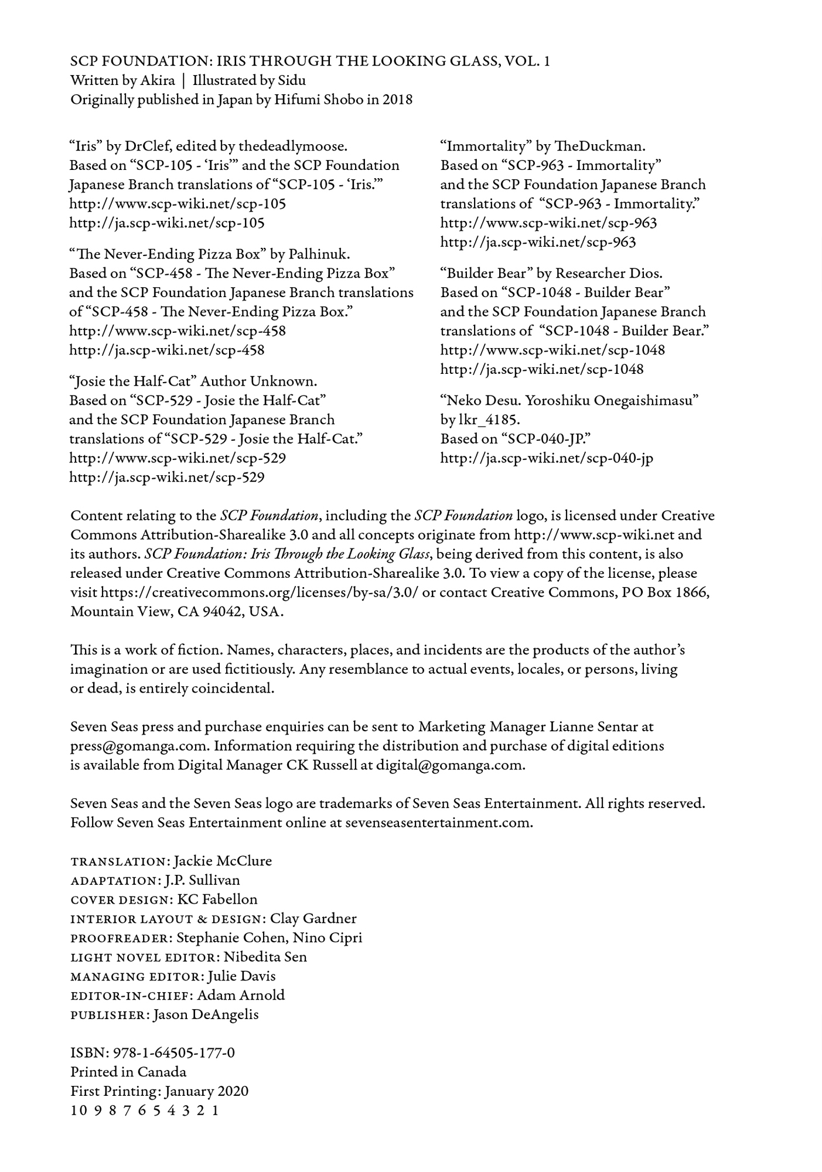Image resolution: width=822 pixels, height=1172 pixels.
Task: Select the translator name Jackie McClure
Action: click(223, 861)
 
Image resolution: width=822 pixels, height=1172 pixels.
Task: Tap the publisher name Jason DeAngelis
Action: click(206, 1014)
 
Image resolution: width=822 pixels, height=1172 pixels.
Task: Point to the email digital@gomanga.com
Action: click(449, 765)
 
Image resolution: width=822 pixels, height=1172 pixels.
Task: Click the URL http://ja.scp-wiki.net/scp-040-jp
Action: click(547, 458)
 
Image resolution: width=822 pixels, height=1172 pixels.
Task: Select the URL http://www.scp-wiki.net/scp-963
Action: click(548, 223)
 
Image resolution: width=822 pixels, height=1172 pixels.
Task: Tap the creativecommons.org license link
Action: click(260, 592)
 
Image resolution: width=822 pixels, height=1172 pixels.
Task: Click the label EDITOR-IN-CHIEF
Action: click(131, 996)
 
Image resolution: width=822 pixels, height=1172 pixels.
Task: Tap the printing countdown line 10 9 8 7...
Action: click(144, 1110)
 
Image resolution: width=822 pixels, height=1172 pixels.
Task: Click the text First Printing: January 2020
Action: click(159, 1091)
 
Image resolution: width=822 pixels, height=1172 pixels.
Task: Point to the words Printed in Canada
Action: click(128, 1072)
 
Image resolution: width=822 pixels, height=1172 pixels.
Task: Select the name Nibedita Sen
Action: click(265, 957)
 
